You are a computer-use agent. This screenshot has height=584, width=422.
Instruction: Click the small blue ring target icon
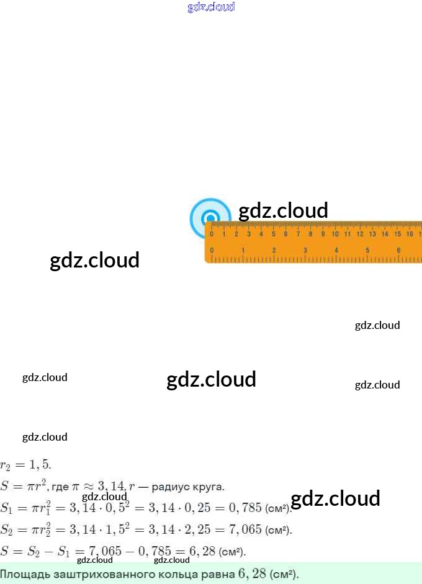[x=210, y=218]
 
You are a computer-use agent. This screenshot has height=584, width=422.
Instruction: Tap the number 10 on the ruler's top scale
[x=335, y=234]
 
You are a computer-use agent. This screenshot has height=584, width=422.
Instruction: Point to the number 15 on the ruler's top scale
[x=397, y=234]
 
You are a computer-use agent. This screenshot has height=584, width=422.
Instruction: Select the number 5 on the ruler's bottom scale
[x=367, y=250]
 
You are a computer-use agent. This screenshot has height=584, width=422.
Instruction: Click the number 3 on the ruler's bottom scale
[x=305, y=250]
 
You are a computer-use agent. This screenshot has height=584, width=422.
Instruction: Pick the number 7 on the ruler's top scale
[x=298, y=234]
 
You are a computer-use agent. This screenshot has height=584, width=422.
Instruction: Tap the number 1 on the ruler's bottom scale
[x=243, y=250]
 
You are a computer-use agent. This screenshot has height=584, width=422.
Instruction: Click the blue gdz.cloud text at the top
[x=211, y=7]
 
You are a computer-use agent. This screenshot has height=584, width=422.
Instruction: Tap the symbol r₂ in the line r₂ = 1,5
[x=6, y=465]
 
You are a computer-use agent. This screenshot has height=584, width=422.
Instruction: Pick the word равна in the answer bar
[x=217, y=573]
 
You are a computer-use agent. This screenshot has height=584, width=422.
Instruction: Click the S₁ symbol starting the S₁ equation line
[x=7, y=508]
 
